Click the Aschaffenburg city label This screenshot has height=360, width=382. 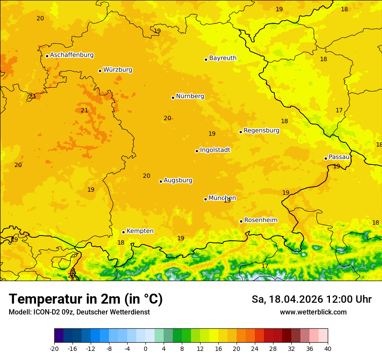click(72, 55)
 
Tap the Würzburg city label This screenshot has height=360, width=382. click(118, 70)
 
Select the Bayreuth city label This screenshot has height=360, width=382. click(223, 58)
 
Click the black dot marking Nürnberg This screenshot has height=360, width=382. click(173, 98)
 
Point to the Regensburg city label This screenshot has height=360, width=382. click(261, 131)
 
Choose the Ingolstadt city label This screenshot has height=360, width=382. click(215, 150)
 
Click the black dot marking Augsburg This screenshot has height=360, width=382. click(161, 181)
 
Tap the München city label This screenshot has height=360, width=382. click(222, 198)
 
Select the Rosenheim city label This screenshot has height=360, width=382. click(260, 220)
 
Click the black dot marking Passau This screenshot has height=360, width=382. click(326, 158)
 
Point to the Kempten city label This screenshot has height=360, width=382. click(140, 231)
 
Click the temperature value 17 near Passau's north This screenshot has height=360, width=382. click(339, 111)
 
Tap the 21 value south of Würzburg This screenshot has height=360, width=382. click(84, 111)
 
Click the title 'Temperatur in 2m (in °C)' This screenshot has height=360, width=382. click(86, 299)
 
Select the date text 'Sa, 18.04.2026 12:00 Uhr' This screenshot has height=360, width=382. click(311, 299)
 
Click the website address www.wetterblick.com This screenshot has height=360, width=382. click(313, 312)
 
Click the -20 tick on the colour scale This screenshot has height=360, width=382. click(54, 349)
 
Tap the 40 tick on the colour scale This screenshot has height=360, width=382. click(327, 349)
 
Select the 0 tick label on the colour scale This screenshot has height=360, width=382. click(145, 349)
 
